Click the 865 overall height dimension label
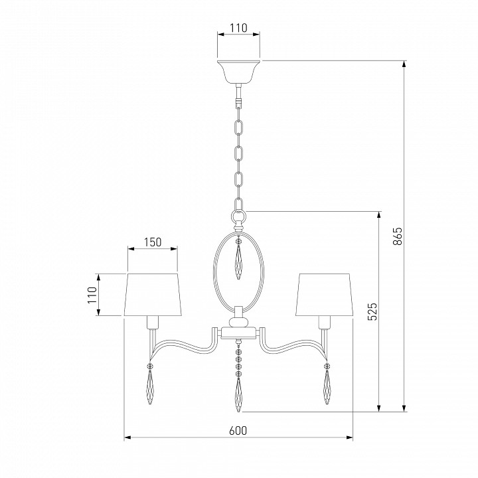click(398, 236)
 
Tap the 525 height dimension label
click(372, 311)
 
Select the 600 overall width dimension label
click(238, 431)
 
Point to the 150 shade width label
click(153, 242)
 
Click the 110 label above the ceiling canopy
click(238, 28)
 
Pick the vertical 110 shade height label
click(92, 295)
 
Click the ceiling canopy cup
click(238, 72)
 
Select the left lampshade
click(153, 295)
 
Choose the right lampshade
click(324, 295)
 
